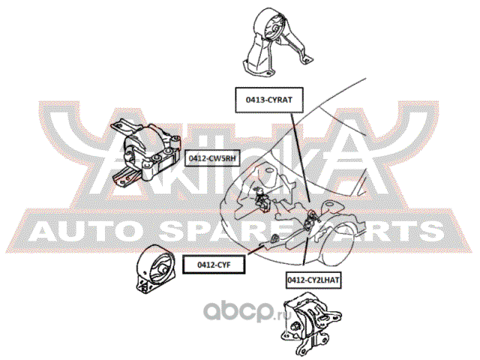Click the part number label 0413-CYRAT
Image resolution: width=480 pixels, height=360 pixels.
tap(269, 100)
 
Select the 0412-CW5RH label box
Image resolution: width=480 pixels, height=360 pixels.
tap(212, 158)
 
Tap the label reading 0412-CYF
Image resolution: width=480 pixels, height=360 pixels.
tap(214, 265)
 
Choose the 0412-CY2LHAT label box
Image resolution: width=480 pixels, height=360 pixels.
tap(313, 280)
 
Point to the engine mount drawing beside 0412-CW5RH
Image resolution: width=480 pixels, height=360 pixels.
tap(145, 152)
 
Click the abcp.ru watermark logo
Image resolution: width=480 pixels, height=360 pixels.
tap(248, 311)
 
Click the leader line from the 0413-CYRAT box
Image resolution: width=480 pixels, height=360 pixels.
tap(300, 157)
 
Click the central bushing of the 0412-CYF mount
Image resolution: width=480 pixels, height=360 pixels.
tap(163, 270)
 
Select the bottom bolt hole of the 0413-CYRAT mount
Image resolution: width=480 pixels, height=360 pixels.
tap(268, 73)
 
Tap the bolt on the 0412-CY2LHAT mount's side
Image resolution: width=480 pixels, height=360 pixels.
tap(295, 326)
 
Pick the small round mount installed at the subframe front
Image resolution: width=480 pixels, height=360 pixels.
tap(275, 238)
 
